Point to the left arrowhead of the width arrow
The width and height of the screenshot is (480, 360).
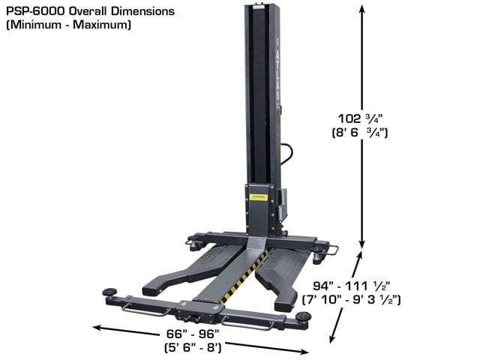(96, 326)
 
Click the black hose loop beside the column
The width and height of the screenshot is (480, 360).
(287, 154)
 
